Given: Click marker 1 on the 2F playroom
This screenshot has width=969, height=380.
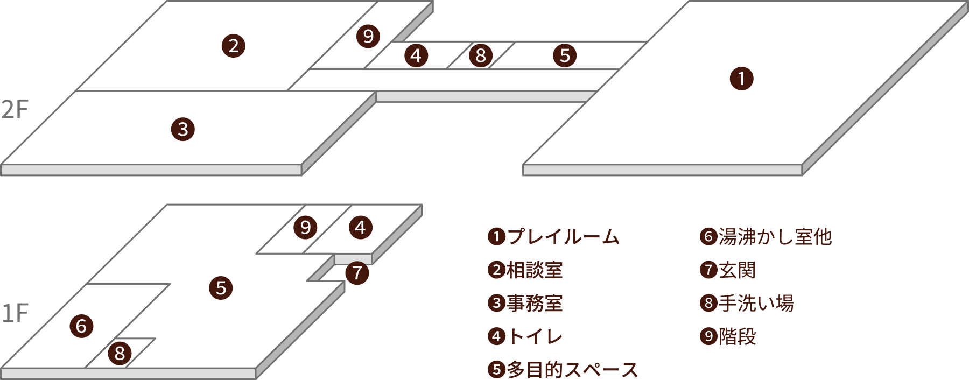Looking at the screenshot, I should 741,79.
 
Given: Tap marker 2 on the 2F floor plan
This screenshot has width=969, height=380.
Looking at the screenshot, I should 234,46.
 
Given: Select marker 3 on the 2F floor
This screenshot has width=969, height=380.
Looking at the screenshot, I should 183,130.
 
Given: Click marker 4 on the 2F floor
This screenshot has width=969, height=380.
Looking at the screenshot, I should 416,55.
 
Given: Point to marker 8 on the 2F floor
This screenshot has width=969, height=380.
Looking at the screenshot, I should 481,55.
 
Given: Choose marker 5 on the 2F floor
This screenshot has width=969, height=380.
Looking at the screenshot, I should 565,55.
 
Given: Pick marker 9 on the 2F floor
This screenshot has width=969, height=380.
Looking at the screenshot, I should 368,36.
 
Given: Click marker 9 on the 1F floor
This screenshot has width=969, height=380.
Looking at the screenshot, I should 305,227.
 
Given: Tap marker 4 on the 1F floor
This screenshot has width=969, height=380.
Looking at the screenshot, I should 360,227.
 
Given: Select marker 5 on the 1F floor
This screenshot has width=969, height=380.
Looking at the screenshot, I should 221,288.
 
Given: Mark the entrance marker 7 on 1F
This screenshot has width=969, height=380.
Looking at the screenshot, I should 357,273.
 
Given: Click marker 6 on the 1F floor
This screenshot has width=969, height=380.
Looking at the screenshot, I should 81,326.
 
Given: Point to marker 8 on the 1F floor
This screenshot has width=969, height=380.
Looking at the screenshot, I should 120,354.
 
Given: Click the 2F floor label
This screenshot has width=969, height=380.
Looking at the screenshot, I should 15,110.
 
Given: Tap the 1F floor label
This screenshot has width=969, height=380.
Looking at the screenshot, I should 15,314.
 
